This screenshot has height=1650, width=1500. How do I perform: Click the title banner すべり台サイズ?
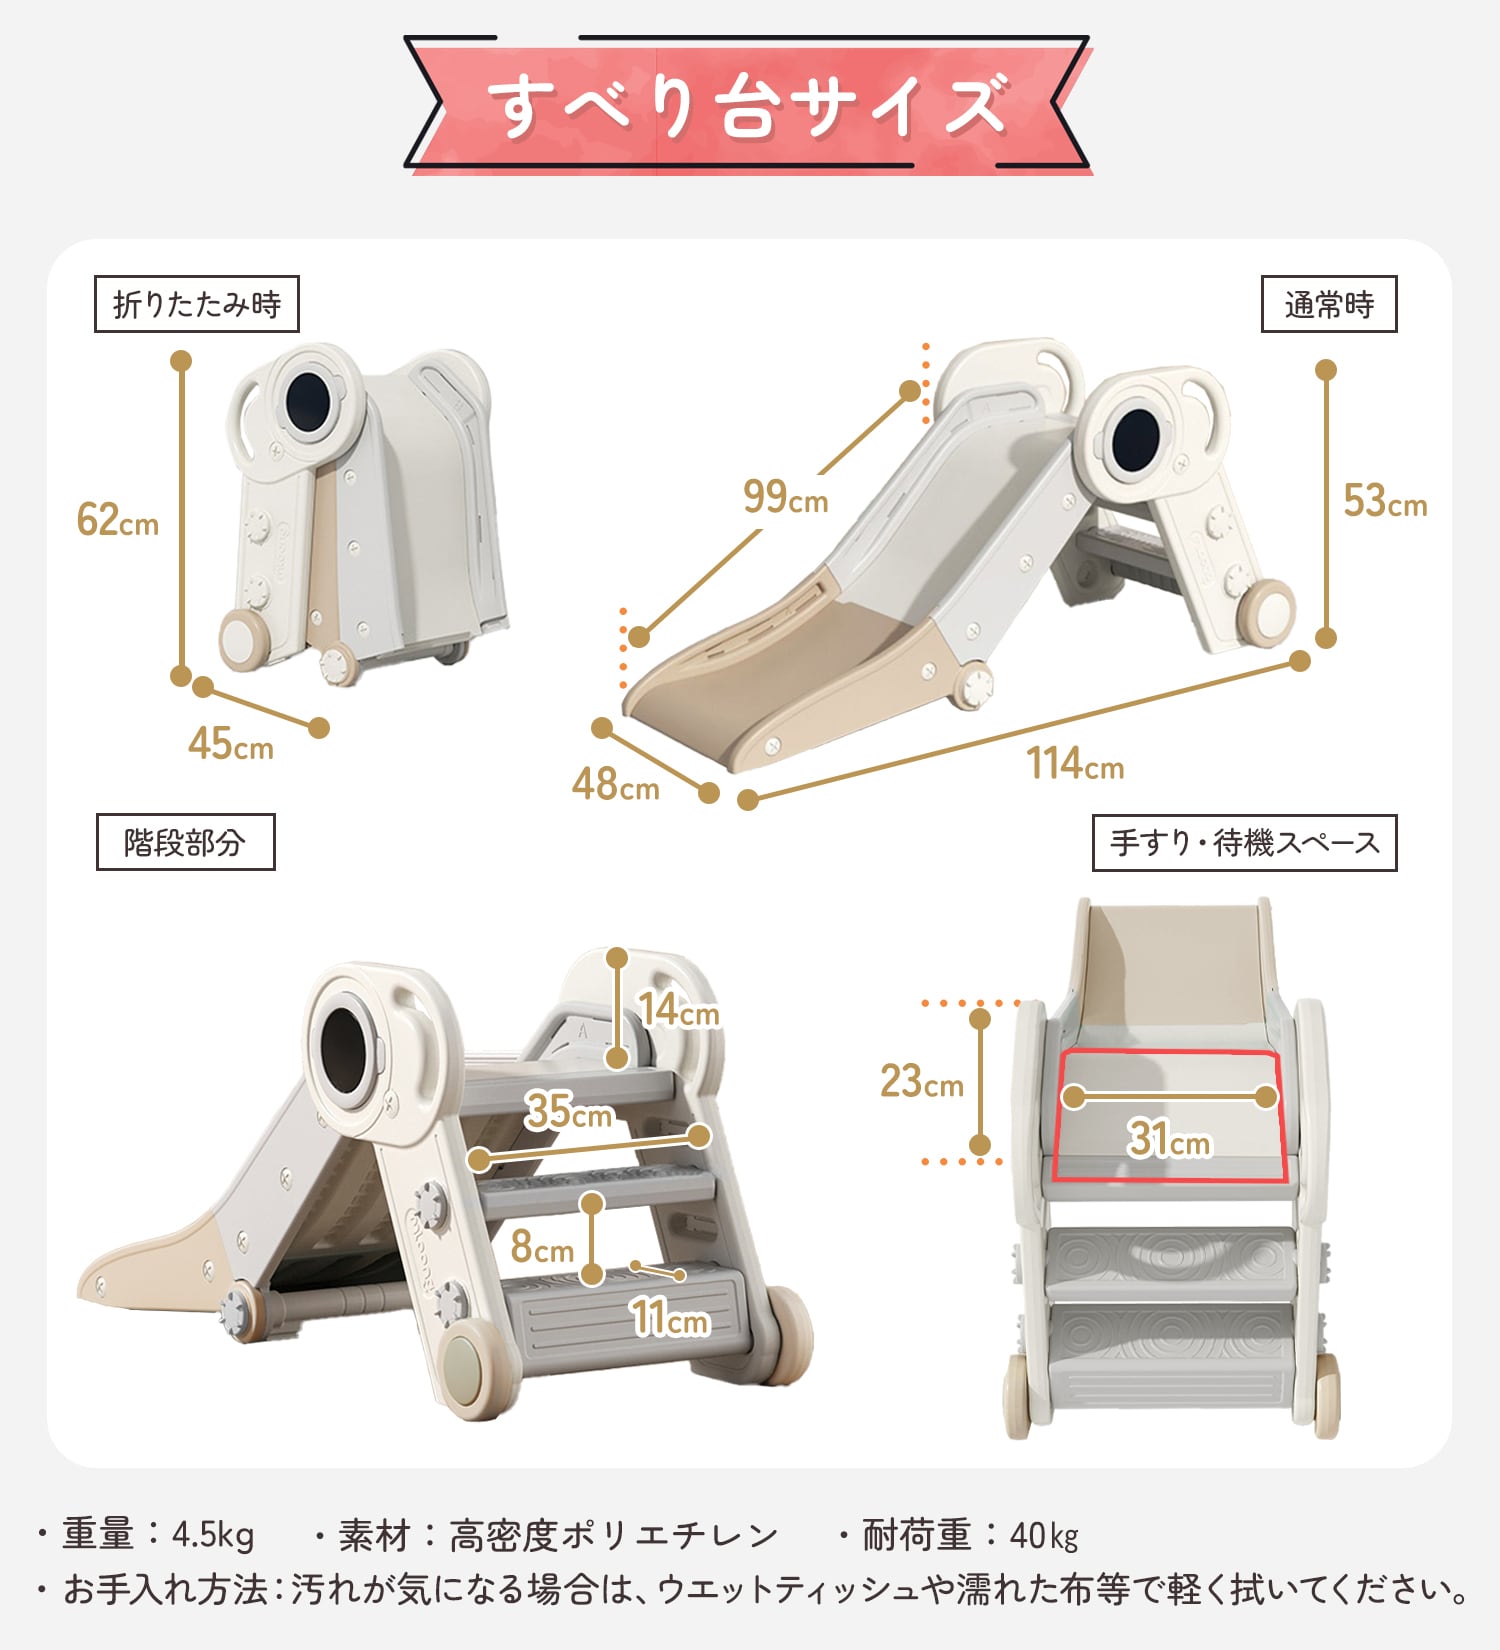(747, 105)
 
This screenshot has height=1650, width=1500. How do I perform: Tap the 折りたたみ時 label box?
(196, 304)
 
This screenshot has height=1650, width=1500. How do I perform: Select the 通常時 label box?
(1328, 304)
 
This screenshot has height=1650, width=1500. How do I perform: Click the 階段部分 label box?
(185, 842)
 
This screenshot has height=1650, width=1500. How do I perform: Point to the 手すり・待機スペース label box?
(1244, 843)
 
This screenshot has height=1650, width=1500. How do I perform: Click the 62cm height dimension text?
(118, 520)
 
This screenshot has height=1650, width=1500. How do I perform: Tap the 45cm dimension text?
(230, 744)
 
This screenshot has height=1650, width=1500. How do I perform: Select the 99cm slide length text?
(785, 496)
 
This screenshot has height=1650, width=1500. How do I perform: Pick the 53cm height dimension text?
(1384, 501)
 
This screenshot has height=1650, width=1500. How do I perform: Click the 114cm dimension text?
(1075, 764)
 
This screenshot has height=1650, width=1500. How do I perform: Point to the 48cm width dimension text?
(615, 785)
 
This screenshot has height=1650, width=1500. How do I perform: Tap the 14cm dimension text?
(679, 1010)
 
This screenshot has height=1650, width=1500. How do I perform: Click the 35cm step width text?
(569, 1111)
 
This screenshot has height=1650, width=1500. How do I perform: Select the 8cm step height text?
(541, 1247)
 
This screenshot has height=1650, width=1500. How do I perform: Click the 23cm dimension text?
(921, 1082)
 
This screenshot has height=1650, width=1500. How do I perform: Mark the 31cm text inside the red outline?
(1169, 1139)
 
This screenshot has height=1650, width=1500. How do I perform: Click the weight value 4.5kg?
(213, 1535)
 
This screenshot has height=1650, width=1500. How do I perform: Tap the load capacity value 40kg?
(1044, 1535)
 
